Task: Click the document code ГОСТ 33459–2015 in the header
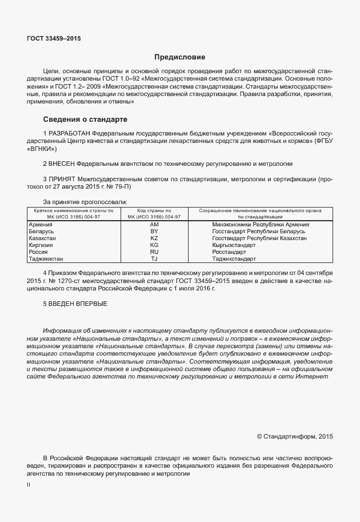(54, 39)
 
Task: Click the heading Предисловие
(179, 57)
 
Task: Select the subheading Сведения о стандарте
(85, 119)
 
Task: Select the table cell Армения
(41, 225)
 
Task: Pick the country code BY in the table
(154, 232)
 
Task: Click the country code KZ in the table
(154, 238)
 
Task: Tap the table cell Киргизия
(41, 245)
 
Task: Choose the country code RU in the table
(154, 252)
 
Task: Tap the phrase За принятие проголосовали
(85, 202)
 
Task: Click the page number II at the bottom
(29, 485)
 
